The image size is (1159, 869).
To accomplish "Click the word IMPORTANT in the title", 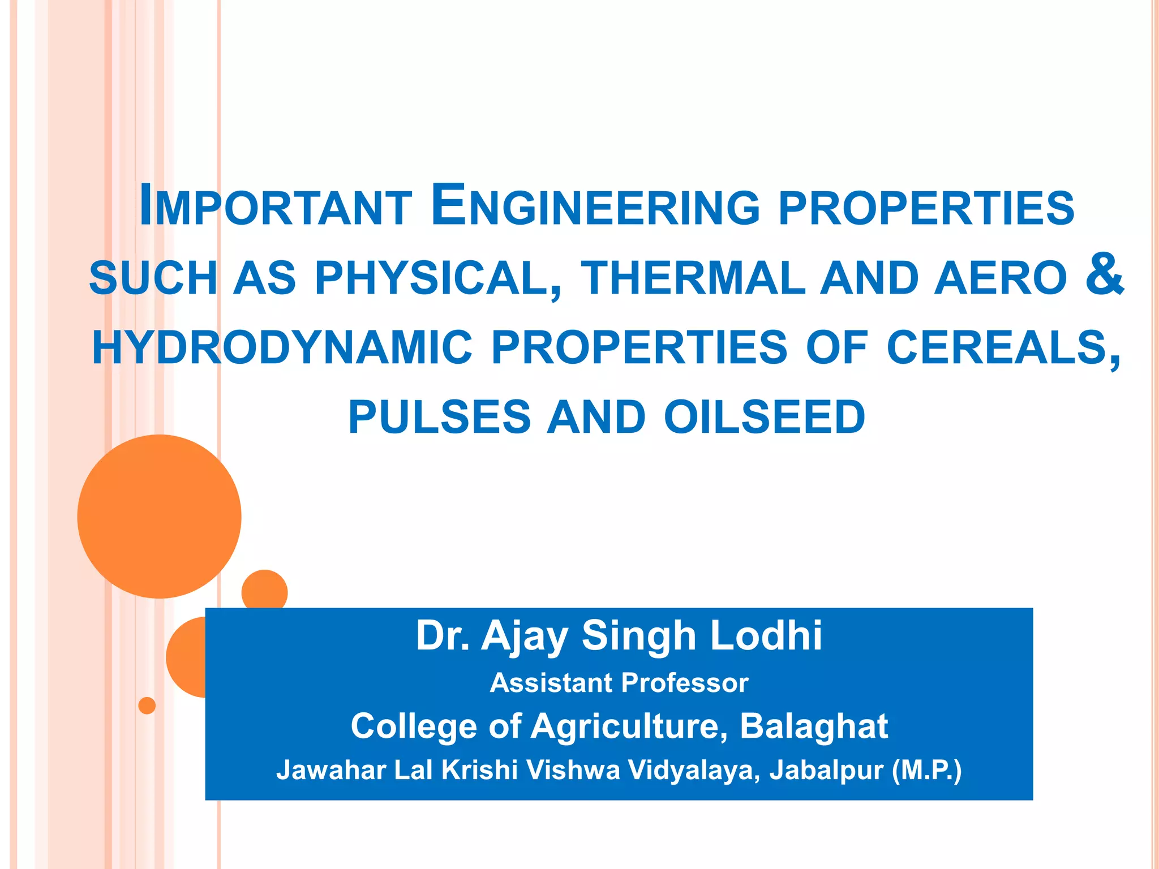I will [276, 206].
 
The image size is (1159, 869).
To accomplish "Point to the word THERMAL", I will [693, 278].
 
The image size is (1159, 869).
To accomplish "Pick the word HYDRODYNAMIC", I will [282, 347].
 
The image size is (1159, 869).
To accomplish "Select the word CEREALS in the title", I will [1002, 347].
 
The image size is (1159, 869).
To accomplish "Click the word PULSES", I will [439, 418].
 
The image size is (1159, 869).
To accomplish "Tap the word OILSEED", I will [765, 418].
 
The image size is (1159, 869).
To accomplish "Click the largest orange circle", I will [159, 516].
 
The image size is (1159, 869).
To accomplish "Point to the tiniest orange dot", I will [147, 705].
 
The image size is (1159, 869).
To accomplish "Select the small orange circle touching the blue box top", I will [264, 590].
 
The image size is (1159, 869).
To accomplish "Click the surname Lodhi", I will [766, 636].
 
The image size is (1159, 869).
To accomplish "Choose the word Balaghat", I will [814, 726].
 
